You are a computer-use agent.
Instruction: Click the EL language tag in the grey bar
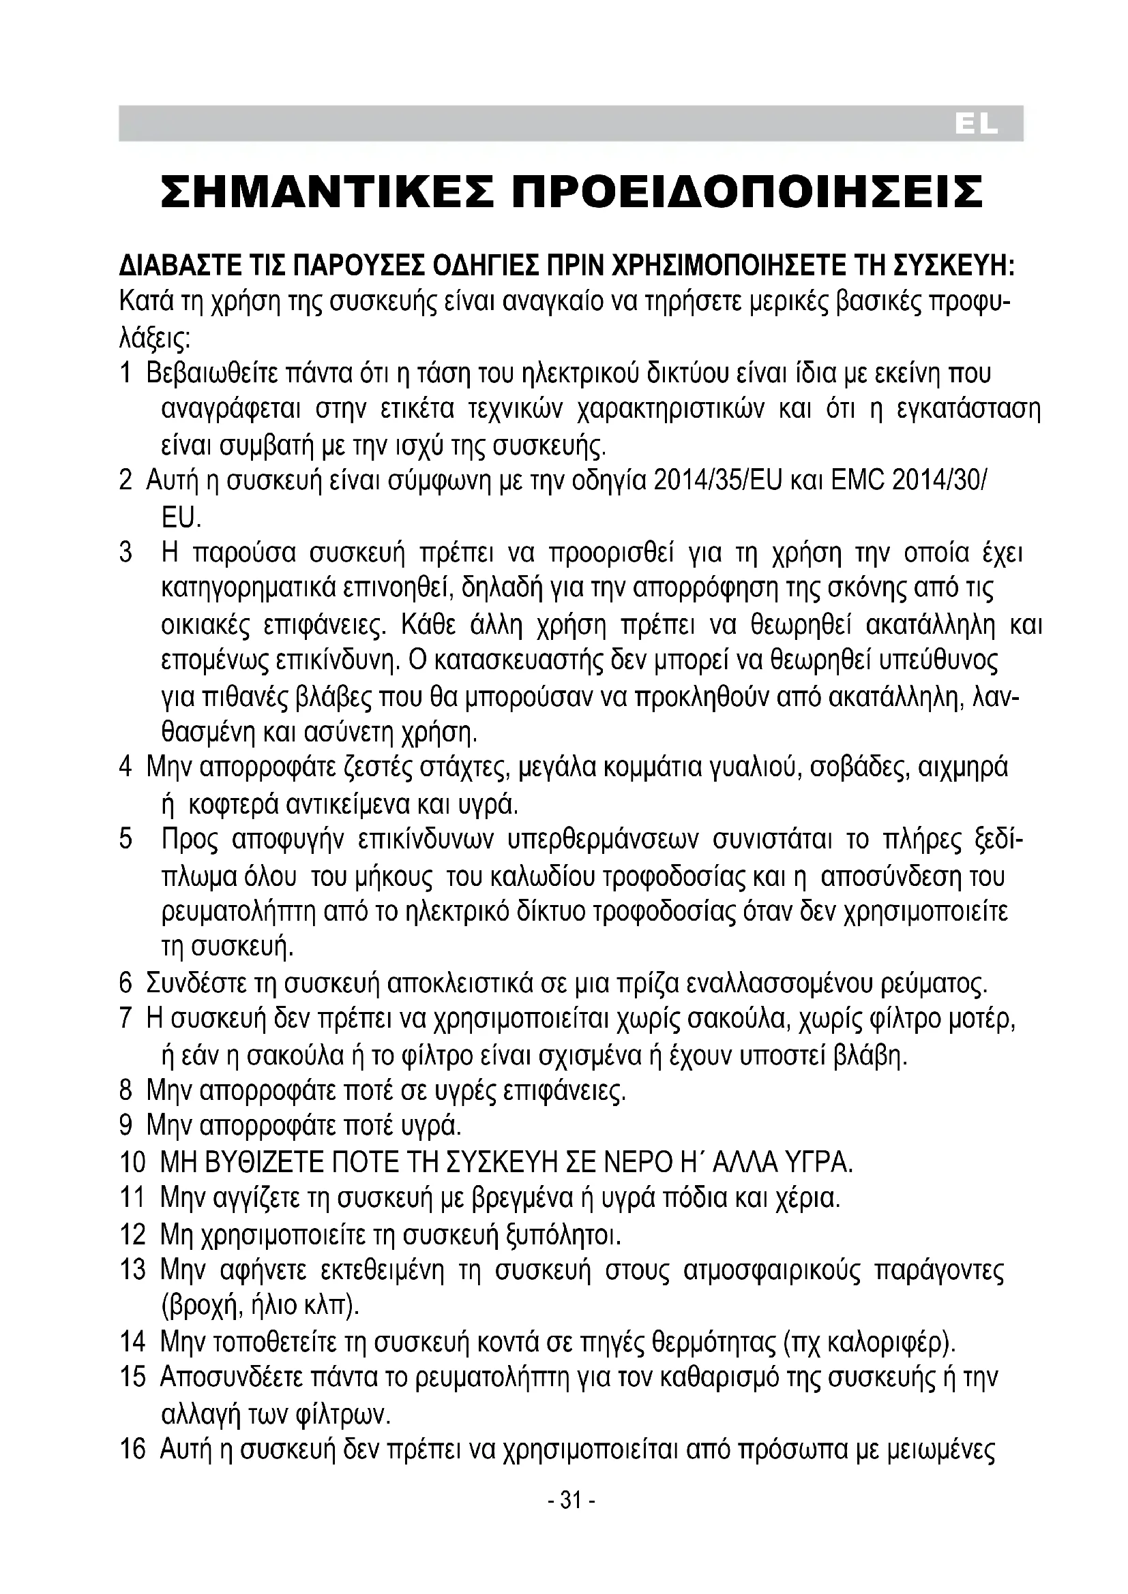(976, 124)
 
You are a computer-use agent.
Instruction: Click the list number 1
(125, 373)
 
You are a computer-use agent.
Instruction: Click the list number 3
(125, 553)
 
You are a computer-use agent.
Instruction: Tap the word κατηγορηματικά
(250, 590)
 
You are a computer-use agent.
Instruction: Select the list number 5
(125, 840)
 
